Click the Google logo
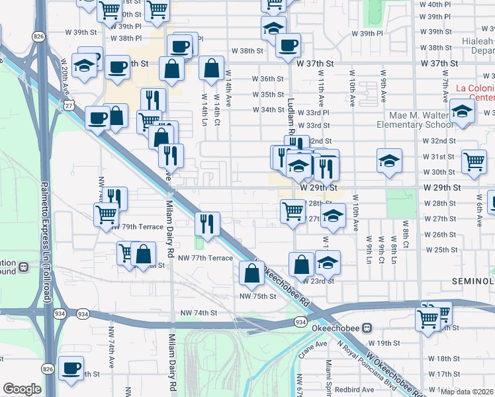coord(22,389)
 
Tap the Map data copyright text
coord(467,392)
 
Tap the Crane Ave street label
coord(312,345)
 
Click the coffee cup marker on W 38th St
coord(287,46)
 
